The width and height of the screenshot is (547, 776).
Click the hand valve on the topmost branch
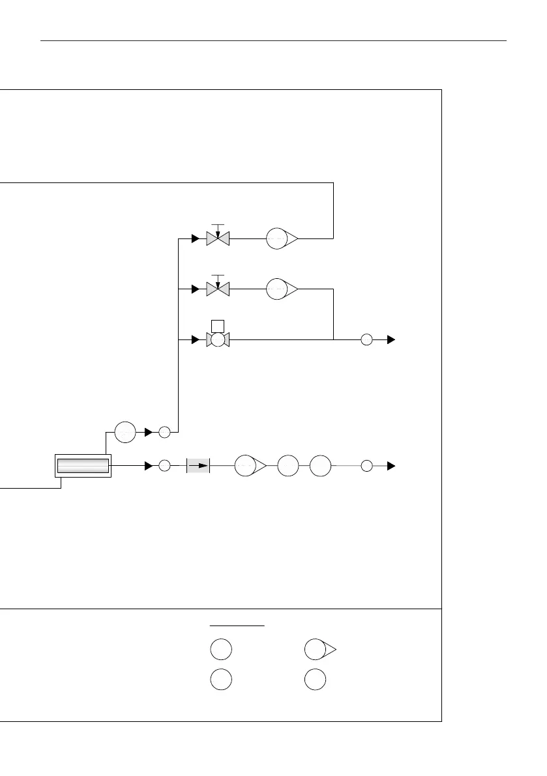click(x=218, y=238)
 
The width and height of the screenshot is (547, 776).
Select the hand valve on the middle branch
click(x=218, y=289)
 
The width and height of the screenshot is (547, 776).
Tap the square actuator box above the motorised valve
click(x=218, y=326)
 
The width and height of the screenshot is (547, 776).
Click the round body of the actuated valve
click(x=218, y=339)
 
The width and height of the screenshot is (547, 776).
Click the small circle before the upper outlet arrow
click(x=366, y=339)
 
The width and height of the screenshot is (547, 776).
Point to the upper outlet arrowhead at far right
click(x=391, y=339)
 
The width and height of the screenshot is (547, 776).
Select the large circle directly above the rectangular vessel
click(x=125, y=431)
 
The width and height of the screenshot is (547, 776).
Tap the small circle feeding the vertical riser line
click(x=164, y=431)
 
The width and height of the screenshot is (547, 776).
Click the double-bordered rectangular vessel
click(x=83, y=466)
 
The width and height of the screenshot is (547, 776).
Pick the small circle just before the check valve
click(x=164, y=466)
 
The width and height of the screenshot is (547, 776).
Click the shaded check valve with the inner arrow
click(x=198, y=466)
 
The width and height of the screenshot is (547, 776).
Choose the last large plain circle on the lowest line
click(x=320, y=466)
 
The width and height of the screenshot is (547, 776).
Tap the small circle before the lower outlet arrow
click(x=366, y=466)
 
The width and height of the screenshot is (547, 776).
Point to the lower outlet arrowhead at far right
click(x=391, y=466)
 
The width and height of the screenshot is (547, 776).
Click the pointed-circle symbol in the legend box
click(x=318, y=650)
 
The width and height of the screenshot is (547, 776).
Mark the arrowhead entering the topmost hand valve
click(x=195, y=239)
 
